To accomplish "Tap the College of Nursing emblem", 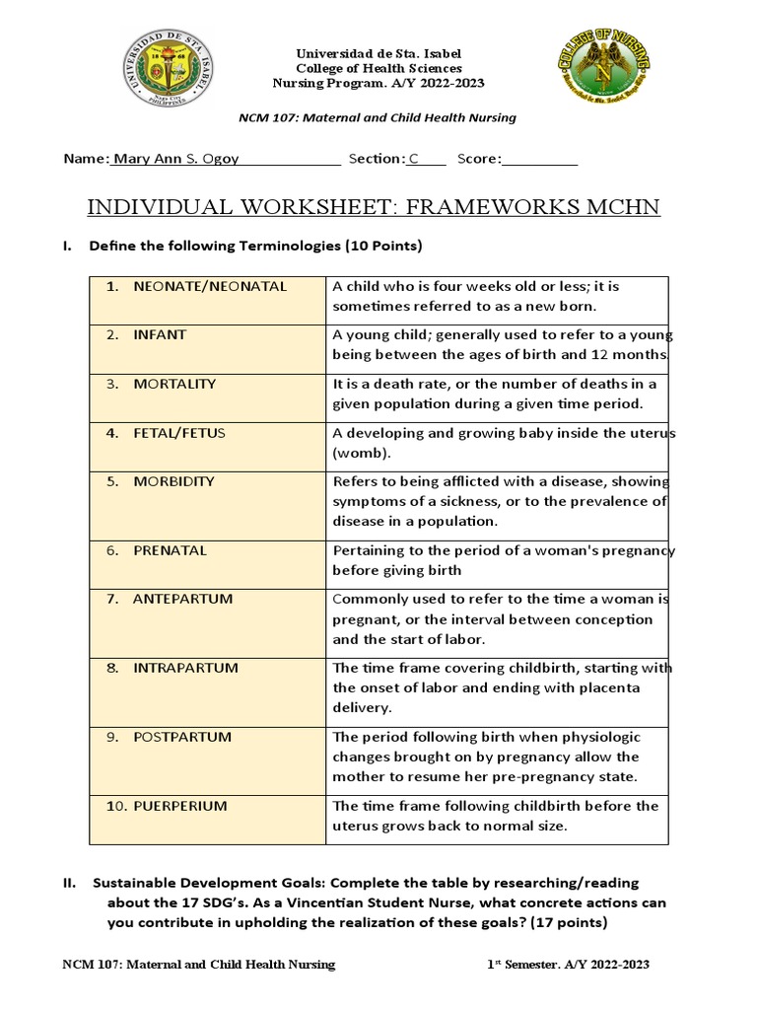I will [x=601, y=76].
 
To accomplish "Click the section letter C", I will [x=414, y=159].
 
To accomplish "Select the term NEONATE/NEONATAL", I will [x=210, y=286].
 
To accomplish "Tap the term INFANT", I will [x=160, y=334].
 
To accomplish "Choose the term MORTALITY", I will [x=174, y=384].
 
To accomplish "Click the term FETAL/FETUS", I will [x=179, y=433].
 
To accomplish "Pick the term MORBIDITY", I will [x=173, y=481].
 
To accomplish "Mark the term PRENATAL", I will [x=171, y=550].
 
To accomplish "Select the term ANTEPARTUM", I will [x=179, y=599].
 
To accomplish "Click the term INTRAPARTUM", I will [x=186, y=668].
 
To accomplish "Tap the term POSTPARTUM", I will [x=182, y=737].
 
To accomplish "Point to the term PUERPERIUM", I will [x=180, y=806].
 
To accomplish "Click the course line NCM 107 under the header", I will [x=378, y=117].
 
